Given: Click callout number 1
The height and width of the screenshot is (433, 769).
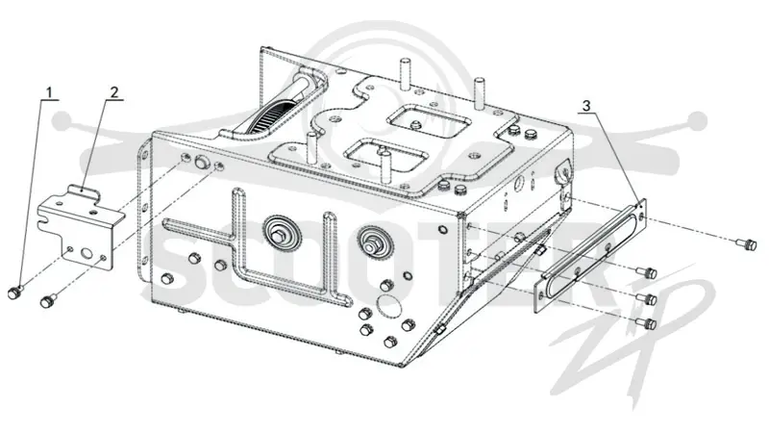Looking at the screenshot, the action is click(49, 92).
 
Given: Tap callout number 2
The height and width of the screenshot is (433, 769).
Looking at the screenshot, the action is click(113, 91).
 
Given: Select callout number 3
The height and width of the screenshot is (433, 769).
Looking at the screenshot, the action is click(587, 105).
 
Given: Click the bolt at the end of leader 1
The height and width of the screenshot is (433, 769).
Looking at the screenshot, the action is click(13, 293).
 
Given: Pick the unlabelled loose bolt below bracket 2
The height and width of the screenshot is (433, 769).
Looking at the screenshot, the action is click(47, 300).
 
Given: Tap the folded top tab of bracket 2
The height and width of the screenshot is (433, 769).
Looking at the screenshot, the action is click(84, 191).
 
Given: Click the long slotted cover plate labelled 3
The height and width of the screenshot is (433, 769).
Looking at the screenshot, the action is click(590, 254).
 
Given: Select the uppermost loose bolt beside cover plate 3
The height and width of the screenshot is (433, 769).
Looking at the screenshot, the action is click(747, 243).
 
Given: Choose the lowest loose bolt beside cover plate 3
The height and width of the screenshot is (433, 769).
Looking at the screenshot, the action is click(646, 323).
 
